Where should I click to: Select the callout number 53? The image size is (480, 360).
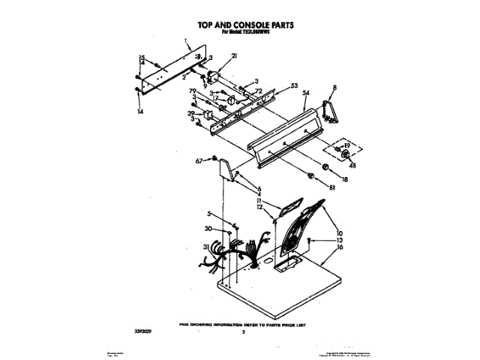pyautogui.click(x=294, y=85)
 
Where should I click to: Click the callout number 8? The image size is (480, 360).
pyautogui.click(x=334, y=88)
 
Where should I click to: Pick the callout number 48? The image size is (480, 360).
pyautogui.click(x=352, y=166)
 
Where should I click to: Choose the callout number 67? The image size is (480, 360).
pyautogui.click(x=199, y=160)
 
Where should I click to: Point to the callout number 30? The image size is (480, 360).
pyautogui.click(x=208, y=229)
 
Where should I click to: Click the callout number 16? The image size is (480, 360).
pyautogui.click(x=339, y=247)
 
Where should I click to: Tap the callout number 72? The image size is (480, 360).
pyautogui.click(x=258, y=91)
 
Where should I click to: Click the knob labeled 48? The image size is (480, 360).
pyautogui.click(x=347, y=154)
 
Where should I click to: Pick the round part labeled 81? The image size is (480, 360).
pyautogui.click(x=308, y=175)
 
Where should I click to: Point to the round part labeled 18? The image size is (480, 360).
pyautogui.click(x=327, y=167)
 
